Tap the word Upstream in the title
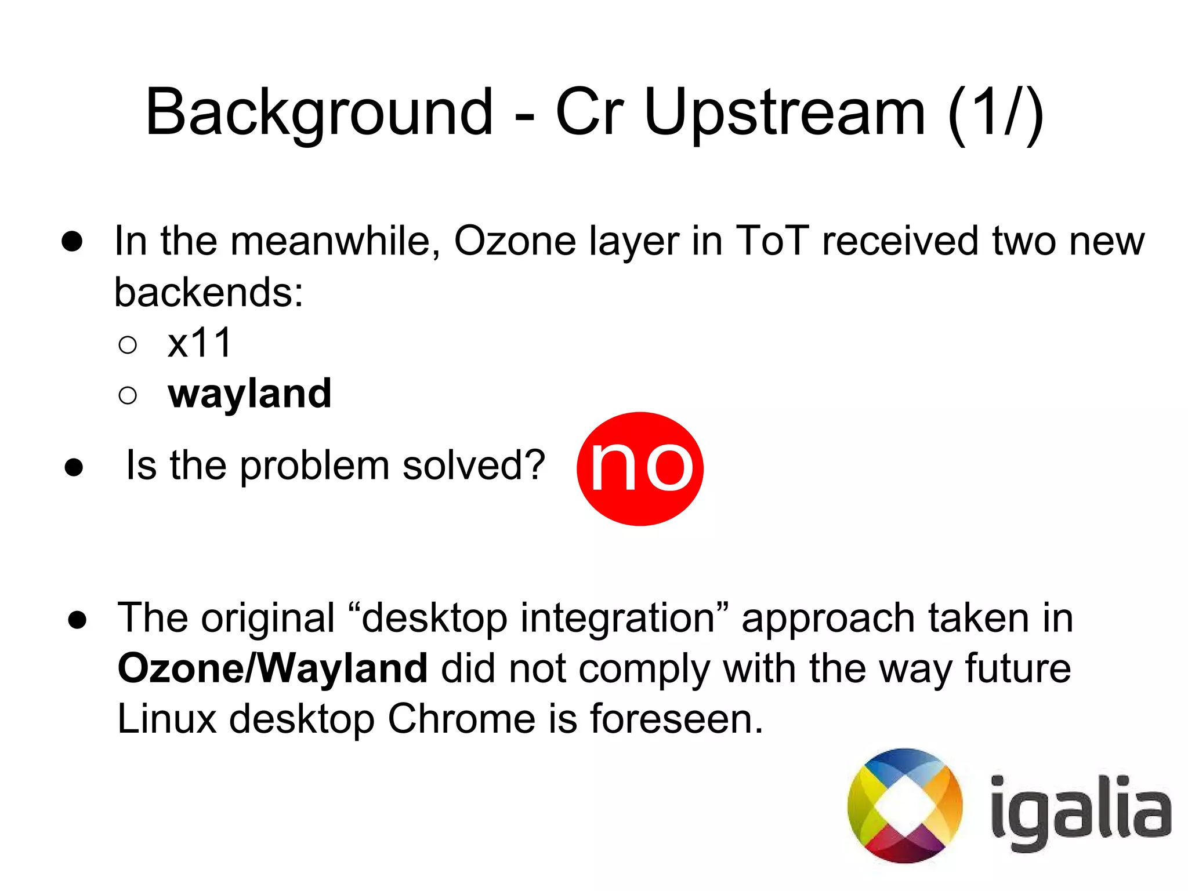pyautogui.click(x=784, y=113)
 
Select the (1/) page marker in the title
pyautogui.click(x=995, y=113)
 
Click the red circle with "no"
pyautogui.click(x=640, y=468)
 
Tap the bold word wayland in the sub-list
pyautogui.click(x=249, y=394)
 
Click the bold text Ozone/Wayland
pyautogui.click(x=273, y=668)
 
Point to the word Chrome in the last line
pyautogui.click(x=462, y=719)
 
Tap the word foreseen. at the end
pyautogui.click(x=676, y=719)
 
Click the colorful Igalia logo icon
pyautogui.click(x=905, y=806)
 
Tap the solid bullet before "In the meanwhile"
pyautogui.click(x=72, y=242)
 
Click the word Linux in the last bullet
pyautogui.click(x=167, y=719)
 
